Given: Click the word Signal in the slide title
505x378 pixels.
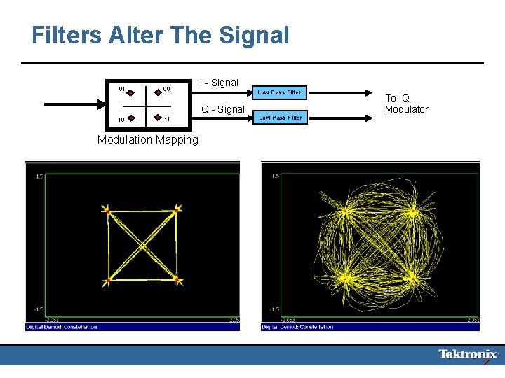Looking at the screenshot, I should click(x=254, y=35).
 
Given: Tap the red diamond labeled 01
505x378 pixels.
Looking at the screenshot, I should click(x=131, y=92).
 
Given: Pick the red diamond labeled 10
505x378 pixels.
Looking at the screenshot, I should click(x=131, y=118).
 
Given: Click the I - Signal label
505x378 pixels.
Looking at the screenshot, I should click(x=219, y=83).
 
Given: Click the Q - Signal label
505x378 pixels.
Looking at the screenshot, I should click(x=223, y=109).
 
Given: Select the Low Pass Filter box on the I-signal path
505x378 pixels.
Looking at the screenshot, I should click(x=279, y=92).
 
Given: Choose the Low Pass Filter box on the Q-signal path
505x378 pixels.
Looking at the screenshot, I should click(x=281, y=118).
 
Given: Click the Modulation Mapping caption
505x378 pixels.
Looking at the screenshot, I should click(x=148, y=139).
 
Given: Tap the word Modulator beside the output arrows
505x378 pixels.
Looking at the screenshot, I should click(x=406, y=109).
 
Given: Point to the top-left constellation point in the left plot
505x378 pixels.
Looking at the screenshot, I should click(x=107, y=209).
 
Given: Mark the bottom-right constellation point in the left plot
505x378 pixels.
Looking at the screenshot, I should click(x=177, y=281).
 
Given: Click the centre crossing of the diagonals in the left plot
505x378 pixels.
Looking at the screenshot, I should click(x=142, y=245).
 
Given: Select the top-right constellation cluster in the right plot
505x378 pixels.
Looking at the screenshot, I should click(x=412, y=211).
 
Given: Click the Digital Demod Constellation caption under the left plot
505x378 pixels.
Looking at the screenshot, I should click(x=62, y=327).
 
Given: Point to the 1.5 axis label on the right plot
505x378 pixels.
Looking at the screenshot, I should click(x=275, y=176).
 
